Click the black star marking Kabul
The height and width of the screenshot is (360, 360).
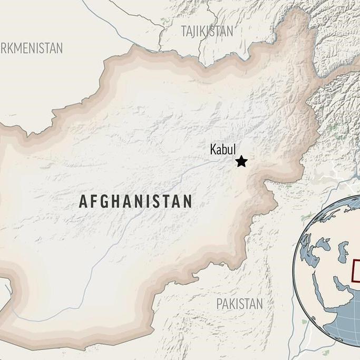(241, 161)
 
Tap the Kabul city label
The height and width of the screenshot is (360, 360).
(223, 149)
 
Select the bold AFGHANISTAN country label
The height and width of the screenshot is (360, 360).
(135, 201)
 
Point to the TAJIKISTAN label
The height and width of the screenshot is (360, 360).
(207, 31)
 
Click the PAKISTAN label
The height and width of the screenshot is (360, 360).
(239, 304)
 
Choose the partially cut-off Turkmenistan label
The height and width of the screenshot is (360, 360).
(32, 48)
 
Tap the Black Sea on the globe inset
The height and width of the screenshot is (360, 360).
(323, 245)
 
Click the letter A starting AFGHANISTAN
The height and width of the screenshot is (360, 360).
(83, 201)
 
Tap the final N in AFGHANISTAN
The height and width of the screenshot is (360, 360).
(187, 201)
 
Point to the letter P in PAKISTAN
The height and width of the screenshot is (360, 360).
(219, 304)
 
